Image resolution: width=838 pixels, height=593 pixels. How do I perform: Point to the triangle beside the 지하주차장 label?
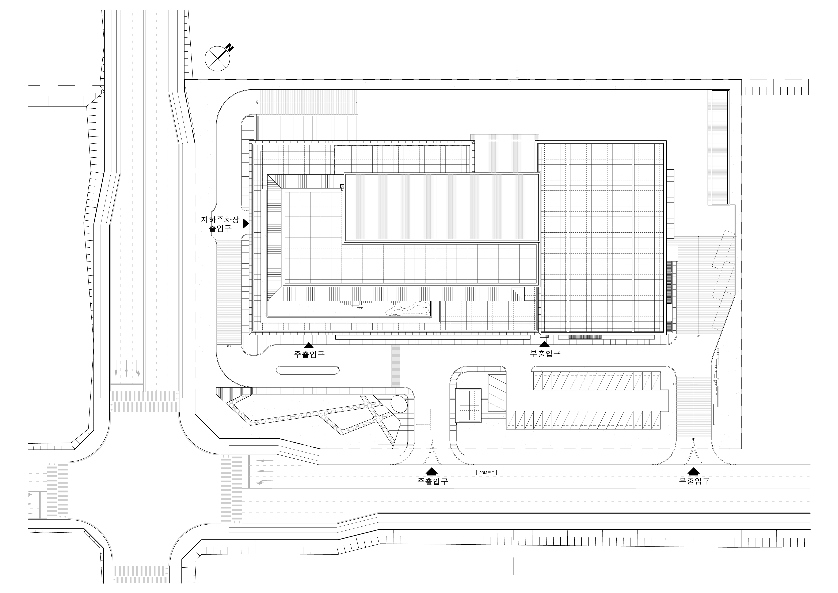click(x=246, y=224)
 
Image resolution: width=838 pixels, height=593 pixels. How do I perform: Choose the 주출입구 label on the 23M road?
click(x=432, y=481)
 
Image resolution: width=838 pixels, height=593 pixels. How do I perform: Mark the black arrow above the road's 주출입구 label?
click(x=432, y=471)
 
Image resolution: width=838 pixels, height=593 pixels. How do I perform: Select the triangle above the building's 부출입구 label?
click(x=545, y=344)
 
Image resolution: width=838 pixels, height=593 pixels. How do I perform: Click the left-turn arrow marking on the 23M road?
click(x=263, y=483)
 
